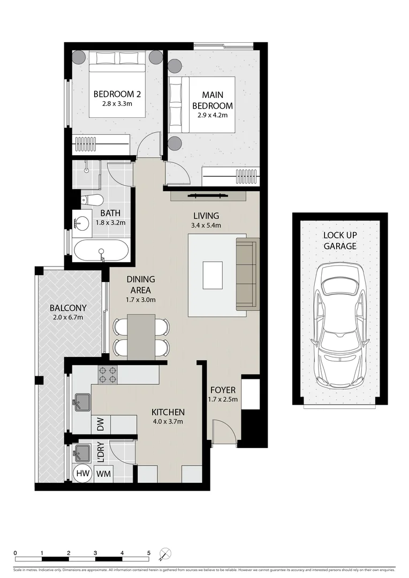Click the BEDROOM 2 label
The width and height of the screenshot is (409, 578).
(117, 94)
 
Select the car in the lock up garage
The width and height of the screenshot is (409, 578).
(340, 326)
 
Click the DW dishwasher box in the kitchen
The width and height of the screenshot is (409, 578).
(101, 425)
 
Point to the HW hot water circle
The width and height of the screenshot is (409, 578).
(82, 473)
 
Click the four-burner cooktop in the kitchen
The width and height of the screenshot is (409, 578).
(107, 374)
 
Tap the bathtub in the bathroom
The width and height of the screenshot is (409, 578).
(101, 250)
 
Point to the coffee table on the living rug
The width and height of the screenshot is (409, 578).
(213, 275)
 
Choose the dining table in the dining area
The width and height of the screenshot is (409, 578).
(141, 336)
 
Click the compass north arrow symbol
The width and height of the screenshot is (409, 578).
(166, 553)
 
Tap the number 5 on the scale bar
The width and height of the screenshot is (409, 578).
(149, 553)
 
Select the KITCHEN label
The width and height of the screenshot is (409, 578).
(168, 412)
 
